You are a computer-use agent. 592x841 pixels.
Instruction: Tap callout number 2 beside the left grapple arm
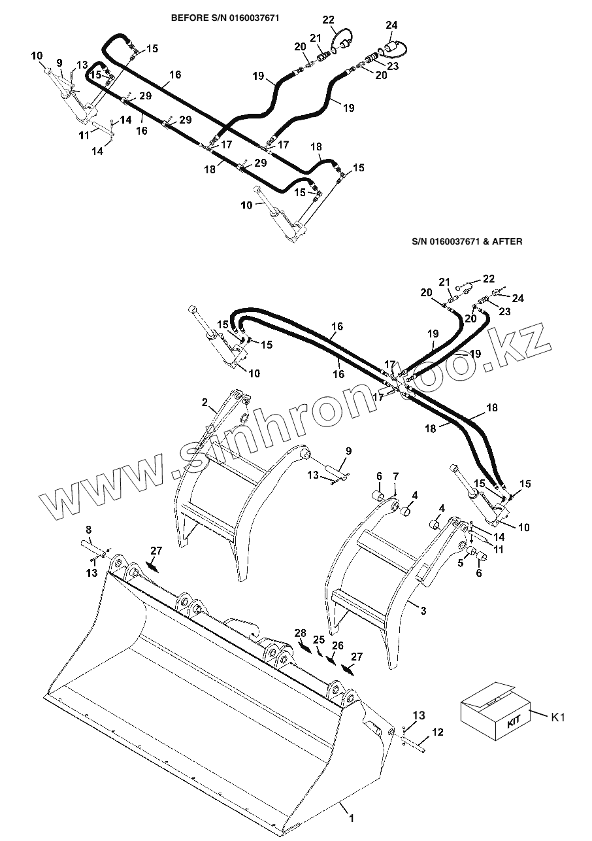pos(205,402)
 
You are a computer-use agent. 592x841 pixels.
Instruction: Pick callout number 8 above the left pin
pos(88,529)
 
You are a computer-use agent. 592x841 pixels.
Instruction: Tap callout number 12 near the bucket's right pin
pos(438,732)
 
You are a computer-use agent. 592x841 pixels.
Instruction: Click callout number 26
pos(337,645)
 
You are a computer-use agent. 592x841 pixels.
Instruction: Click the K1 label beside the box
pos(557,717)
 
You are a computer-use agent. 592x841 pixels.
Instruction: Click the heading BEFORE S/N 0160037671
pos(225,18)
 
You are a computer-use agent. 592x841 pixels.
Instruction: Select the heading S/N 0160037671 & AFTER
pos(467,241)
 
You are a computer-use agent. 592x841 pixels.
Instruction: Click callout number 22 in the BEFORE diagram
pos(328,20)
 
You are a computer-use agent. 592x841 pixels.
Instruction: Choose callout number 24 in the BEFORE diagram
pos(391,26)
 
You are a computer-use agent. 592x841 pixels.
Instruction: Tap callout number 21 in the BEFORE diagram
pos(316,38)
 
